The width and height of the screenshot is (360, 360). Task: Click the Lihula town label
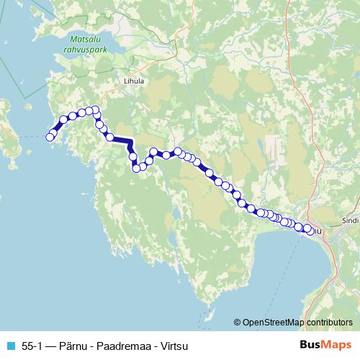click(134, 81)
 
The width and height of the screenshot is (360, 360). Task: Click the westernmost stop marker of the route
click(50, 138)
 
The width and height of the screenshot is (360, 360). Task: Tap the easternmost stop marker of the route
click(310, 231)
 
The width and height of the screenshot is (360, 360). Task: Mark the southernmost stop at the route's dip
click(135, 168)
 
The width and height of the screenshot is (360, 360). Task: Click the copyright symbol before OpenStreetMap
click(238, 322)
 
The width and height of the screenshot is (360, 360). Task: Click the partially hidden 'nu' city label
click(318, 232)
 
